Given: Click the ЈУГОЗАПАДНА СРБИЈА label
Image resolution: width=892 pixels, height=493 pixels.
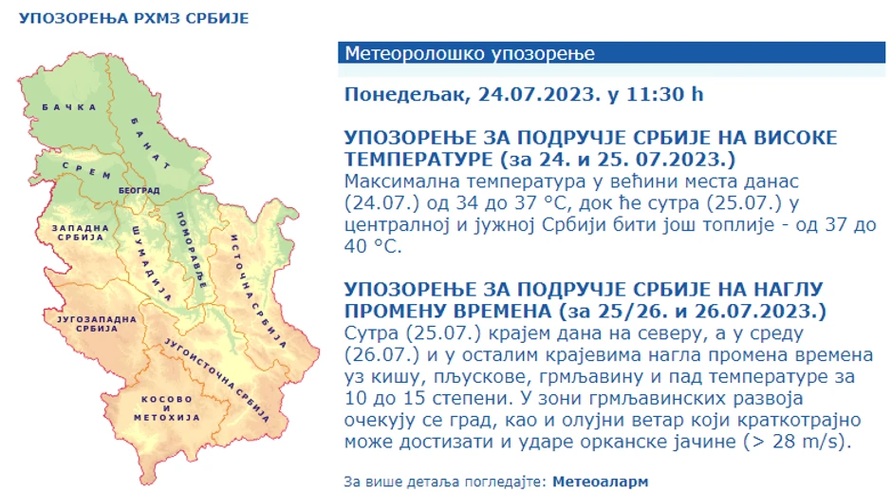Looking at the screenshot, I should [92, 323].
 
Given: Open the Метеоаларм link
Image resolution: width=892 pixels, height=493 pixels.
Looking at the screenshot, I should [601, 482].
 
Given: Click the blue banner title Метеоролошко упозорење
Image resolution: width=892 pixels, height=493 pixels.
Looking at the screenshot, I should [470, 53].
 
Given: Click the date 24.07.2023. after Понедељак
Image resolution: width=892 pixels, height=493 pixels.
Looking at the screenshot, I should [539, 94].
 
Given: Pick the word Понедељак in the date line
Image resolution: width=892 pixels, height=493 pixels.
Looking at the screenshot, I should [406, 94].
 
